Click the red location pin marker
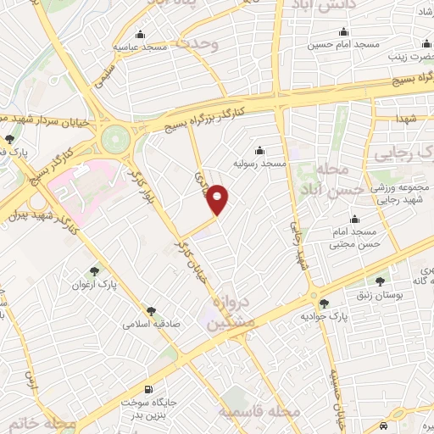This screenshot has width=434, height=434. tap(218, 199)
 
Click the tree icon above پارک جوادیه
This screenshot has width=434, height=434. tap(323, 303)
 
